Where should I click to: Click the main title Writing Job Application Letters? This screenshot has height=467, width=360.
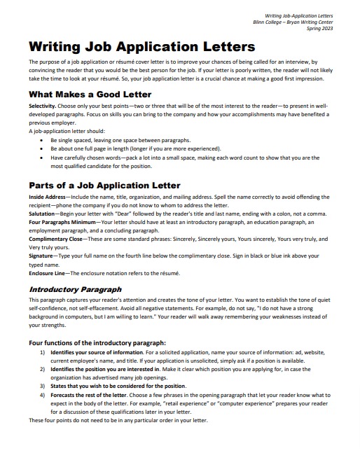(x=142, y=48)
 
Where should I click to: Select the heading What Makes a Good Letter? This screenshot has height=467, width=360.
(x=90, y=94)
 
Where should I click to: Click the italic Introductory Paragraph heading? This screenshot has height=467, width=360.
(x=75, y=288)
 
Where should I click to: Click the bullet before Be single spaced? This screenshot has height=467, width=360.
(x=43, y=139)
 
